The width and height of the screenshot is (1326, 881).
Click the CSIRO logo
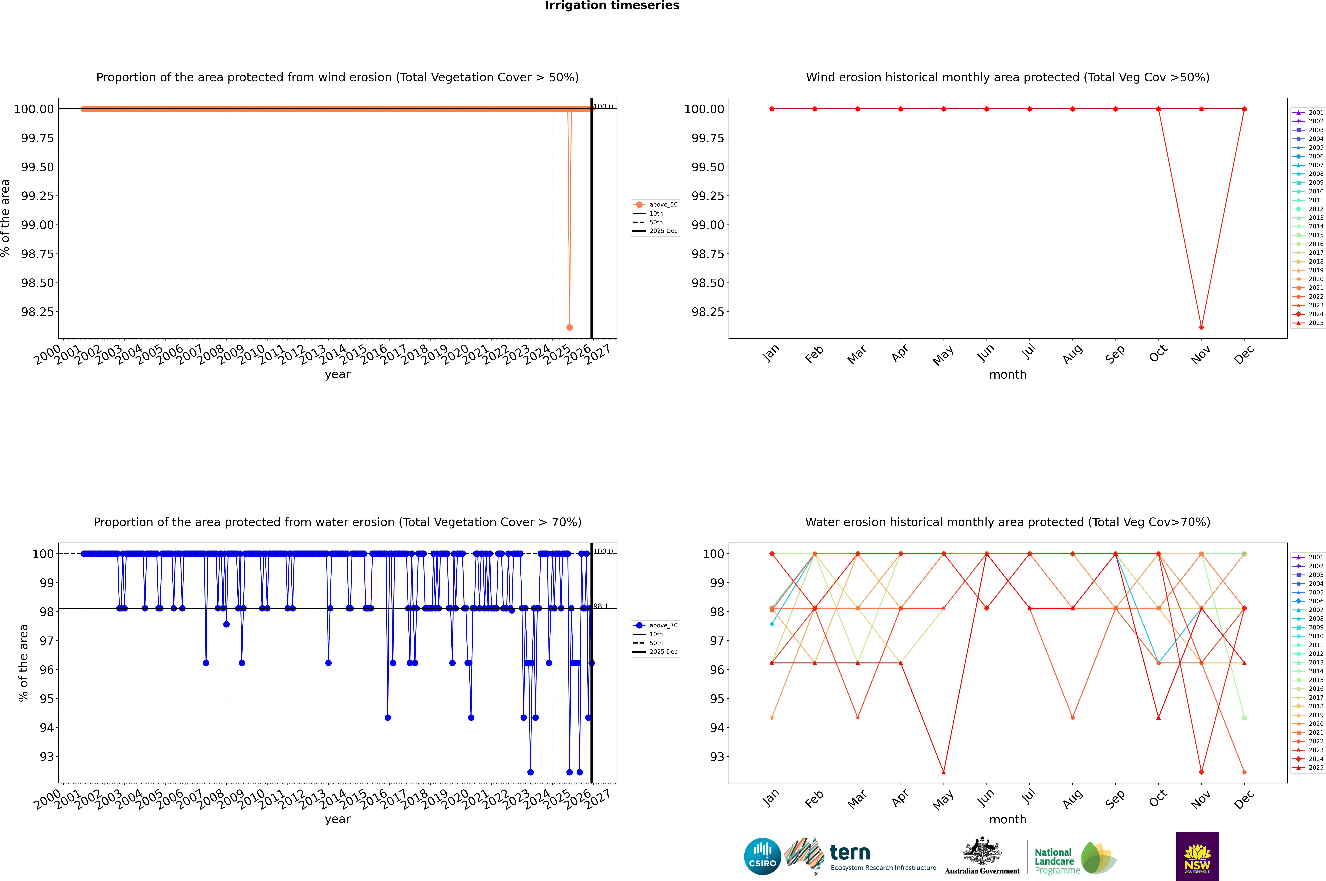click(762, 856)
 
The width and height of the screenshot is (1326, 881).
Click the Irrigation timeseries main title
click(612, 6)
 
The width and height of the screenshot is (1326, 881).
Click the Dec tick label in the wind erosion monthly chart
click(1244, 355)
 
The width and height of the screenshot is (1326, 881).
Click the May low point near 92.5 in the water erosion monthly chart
click(943, 772)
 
